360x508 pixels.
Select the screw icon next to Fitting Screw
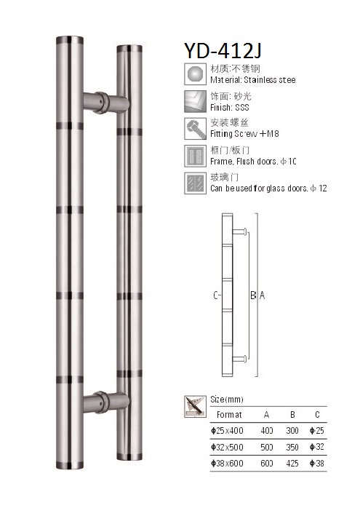196,129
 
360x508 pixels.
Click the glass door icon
196,182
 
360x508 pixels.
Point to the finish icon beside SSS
196,101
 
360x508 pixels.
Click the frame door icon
196,156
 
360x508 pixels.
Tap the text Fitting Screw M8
244,135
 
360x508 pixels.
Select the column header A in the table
267,415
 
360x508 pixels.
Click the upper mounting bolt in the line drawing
243,231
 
